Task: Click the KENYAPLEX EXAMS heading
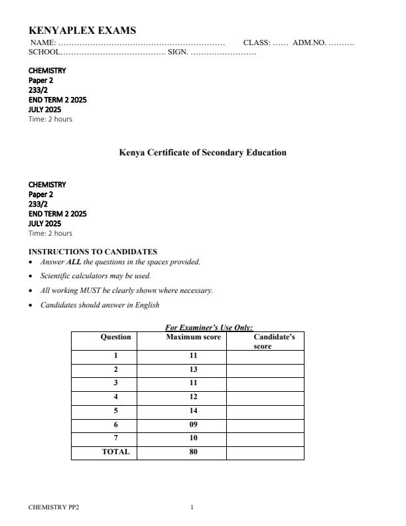[82, 31]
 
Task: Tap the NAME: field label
[42, 43]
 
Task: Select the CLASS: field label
[257, 43]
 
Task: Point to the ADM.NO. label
[309, 43]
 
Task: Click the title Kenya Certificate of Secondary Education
[202, 153]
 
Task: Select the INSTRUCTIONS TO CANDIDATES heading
[93, 252]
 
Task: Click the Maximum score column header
[192, 337]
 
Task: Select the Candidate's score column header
[265, 341]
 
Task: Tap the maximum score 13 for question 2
[192, 369]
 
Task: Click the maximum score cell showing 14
[192, 411]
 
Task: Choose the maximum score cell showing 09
[192, 425]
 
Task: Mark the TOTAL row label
[115, 452]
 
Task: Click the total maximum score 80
[192, 452]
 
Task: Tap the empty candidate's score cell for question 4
[265, 397]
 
